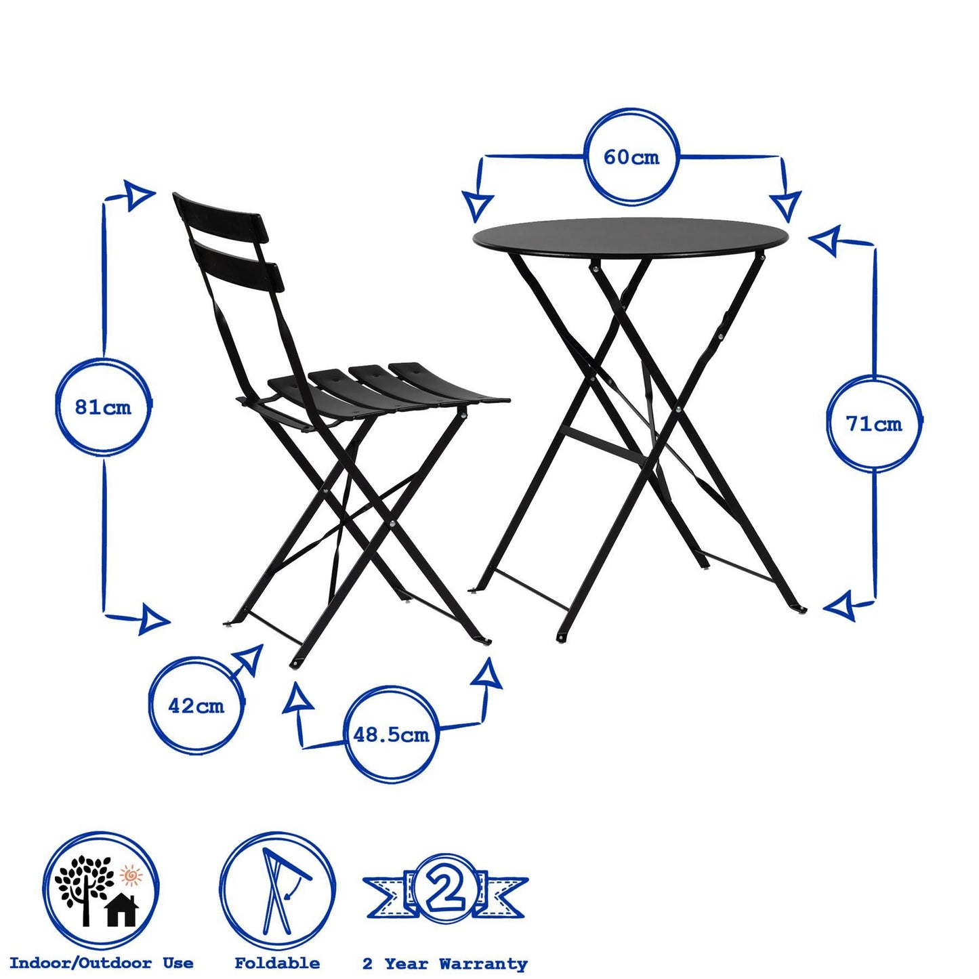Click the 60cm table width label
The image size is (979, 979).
(x=631, y=157)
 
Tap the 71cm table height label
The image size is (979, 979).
(x=873, y=424)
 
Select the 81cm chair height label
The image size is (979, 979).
(x=103, y=407)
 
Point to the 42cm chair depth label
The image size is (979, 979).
(x=196, y=706)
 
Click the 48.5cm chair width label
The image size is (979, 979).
(x=391, y=734)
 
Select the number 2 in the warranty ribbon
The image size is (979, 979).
(x=446, y=890)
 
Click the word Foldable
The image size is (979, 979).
(x=277, y=963)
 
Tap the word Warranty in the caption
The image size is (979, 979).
(x=482, y=963)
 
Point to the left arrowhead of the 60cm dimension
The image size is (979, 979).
(x=478, y=206)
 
